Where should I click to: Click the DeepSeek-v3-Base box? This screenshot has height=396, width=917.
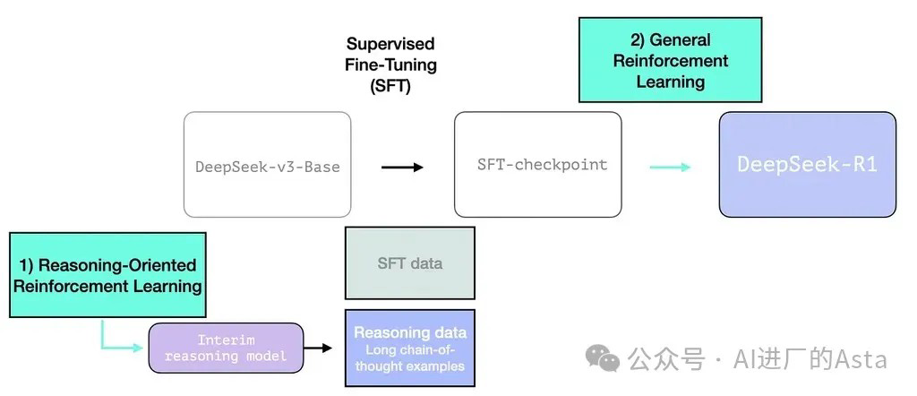[x=267, y=165]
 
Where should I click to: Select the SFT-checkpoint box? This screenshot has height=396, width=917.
[x=537, y=165]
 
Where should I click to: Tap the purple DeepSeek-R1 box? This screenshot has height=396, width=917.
[x=807, y=165]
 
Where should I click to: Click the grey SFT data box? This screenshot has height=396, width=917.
[x=409, y=263]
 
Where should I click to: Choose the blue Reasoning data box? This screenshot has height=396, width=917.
[x=409, y=347]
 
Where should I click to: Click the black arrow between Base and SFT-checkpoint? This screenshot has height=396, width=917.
[x=402, y=167]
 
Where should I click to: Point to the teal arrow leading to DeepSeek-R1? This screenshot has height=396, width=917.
[x=670, y=167]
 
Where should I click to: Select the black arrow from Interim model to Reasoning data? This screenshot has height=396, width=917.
[x=317, y=348]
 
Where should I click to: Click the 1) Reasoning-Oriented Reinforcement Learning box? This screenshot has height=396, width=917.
[x=107, y=275]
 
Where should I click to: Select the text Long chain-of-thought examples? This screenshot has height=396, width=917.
[x=409, y=357]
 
